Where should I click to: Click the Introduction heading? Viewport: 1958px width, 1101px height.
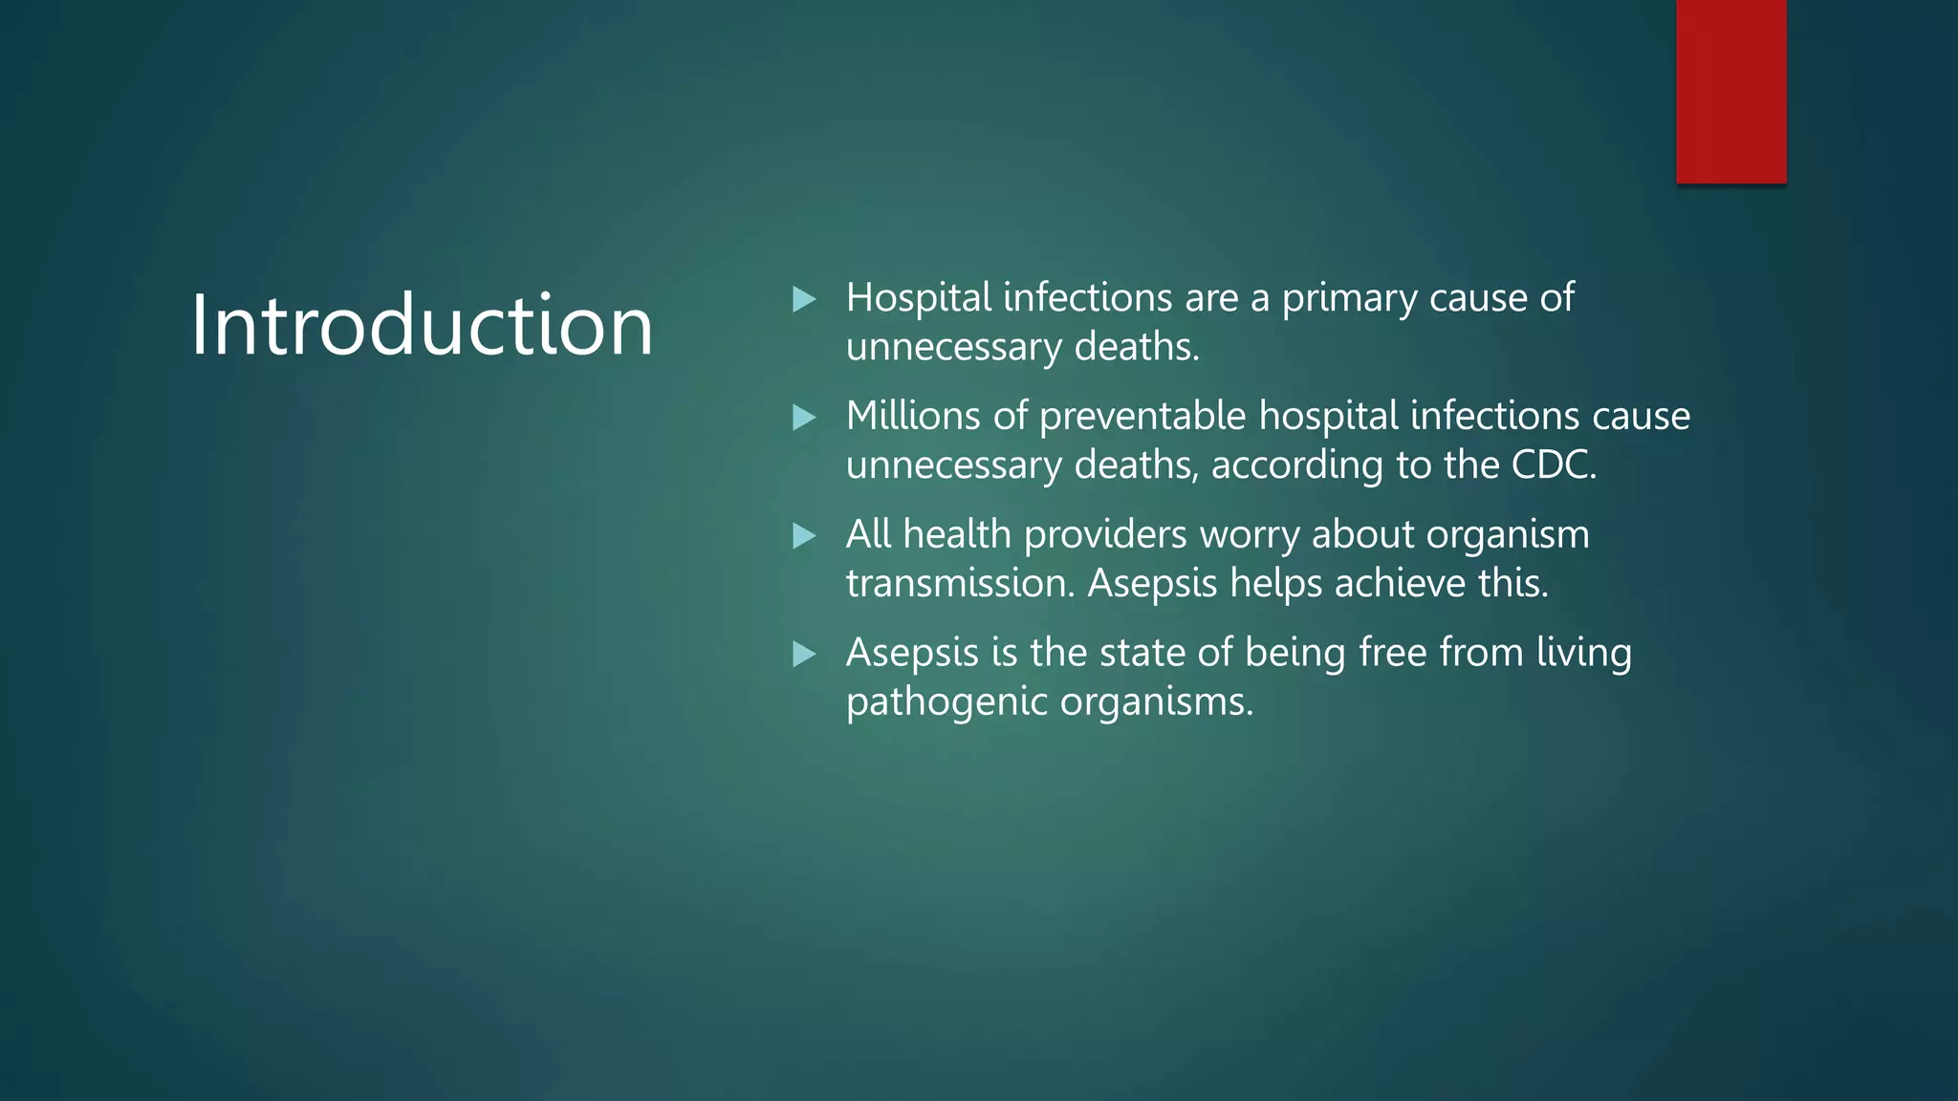422,325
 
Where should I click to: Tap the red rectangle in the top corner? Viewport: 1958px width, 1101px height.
1730,91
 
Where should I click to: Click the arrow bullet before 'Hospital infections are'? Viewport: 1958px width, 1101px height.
804,300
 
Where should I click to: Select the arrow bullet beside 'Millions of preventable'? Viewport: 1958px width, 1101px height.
804,418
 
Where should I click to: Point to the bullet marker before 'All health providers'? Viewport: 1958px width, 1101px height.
804,536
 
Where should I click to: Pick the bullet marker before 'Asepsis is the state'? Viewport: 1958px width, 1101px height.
804,655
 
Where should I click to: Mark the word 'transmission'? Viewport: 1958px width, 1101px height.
959,583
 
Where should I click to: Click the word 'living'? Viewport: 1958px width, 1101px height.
1584,655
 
